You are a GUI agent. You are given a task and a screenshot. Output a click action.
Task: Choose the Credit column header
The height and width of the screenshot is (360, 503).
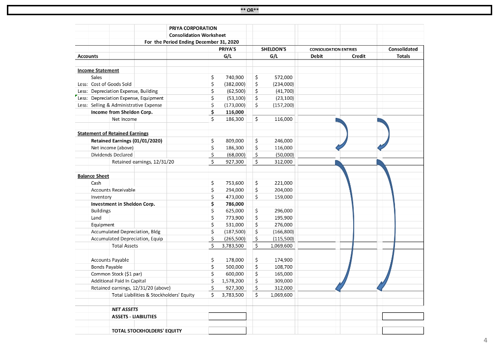pyautogui.click(x=359, y=56)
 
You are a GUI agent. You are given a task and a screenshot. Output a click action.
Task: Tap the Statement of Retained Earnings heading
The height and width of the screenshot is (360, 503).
pyautogui.click(x=113, y=134)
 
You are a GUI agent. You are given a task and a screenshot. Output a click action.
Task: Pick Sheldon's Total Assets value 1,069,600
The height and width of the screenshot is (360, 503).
pyautogui.click(x=281, y=246)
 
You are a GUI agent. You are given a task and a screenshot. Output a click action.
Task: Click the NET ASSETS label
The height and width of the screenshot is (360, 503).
pyautogui.click(x=125, y=309)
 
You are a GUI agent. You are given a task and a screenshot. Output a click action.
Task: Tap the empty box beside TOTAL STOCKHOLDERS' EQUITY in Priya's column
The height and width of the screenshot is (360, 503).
pyautogui.click(x=227, y=331)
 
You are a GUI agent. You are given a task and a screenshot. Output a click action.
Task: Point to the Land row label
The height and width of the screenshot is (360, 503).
pyautogui.click(x=96, y=218)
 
